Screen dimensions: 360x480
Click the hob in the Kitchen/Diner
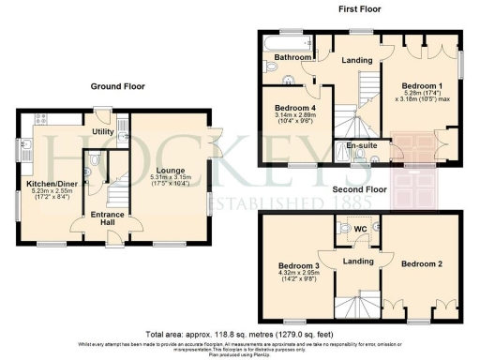coord(42,120)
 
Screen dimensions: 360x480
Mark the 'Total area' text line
coord(239,333)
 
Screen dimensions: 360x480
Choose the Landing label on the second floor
coord(356,261)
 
